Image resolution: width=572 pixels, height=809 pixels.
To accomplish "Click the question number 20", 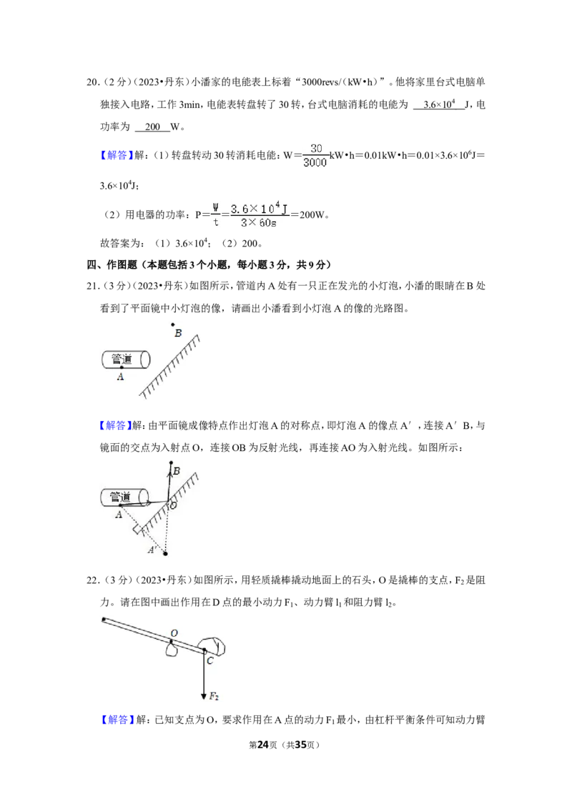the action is point(92,82).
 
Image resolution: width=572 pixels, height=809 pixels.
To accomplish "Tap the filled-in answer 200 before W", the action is point(152,127).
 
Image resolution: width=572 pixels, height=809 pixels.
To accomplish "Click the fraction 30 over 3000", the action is point(315,155).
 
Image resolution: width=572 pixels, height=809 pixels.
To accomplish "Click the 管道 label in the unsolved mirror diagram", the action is point(122,359).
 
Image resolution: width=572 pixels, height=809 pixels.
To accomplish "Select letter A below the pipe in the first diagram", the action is point(120,377).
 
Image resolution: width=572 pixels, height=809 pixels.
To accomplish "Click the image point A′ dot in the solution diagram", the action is point(165,554).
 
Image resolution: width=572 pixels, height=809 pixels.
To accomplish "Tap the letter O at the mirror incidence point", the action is point(174,506).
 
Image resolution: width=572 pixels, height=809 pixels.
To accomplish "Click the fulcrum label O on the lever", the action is point(174,633).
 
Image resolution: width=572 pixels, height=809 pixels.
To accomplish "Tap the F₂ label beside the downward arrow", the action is point(214,697).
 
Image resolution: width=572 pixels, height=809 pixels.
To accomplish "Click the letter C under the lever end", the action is point(210,661).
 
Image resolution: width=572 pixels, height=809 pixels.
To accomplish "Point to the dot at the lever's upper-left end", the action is point(104,619).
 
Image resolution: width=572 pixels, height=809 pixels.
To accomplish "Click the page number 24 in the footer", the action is point(263,745).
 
